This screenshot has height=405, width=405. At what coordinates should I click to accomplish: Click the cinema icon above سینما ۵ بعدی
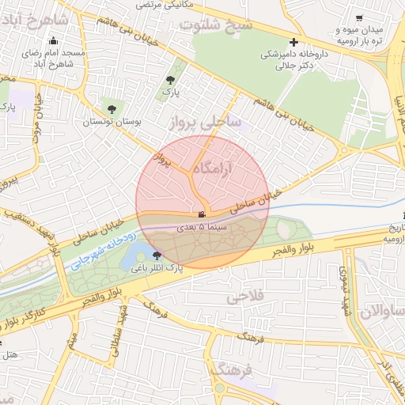pos(202,214)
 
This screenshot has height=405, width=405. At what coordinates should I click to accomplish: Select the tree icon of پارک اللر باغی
pos(157,255)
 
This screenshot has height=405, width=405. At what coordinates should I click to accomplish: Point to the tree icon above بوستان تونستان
pos(111,109)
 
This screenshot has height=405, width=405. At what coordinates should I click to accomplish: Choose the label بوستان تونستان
pos(111,123)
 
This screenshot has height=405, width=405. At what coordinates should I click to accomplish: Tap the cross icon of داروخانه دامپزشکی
pos(294,42)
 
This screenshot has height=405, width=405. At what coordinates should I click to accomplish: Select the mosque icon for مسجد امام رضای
pos(54,41)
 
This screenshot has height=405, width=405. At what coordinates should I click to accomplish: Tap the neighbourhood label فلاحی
pos(244,298)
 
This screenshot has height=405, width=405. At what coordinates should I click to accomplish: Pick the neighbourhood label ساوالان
pos(380,310)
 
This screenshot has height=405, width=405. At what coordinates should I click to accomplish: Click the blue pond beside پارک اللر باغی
pos(142,252)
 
